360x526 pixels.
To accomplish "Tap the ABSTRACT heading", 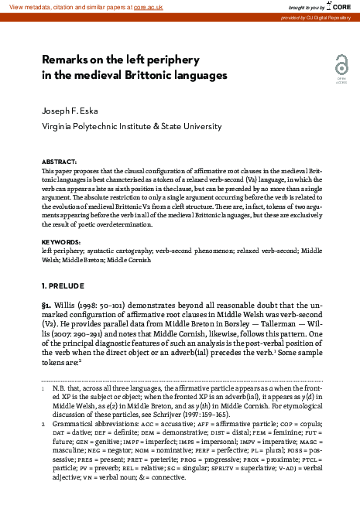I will pyautogui.click(x=59, y=161).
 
